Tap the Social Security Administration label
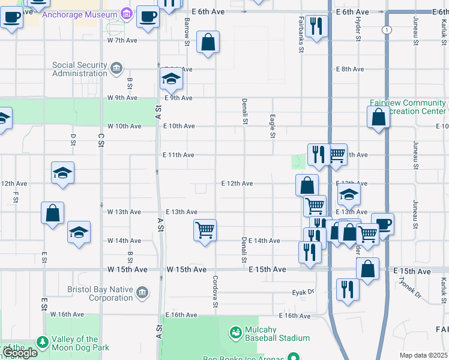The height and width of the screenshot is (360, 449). (79, 70)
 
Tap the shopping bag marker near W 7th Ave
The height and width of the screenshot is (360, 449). (208, 42)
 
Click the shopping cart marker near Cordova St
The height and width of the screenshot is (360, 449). (205, 229)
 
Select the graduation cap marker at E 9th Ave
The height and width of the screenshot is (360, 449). (171, 78)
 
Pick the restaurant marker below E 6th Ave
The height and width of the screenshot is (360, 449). (315, 26)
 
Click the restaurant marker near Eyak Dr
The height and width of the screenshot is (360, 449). (348, 289)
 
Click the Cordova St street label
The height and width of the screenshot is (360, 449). (215, 292)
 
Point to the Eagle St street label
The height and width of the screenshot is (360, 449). (273, 126)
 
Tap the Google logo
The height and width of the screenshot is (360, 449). (20, 353)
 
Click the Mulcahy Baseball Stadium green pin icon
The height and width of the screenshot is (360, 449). (235, 331)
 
